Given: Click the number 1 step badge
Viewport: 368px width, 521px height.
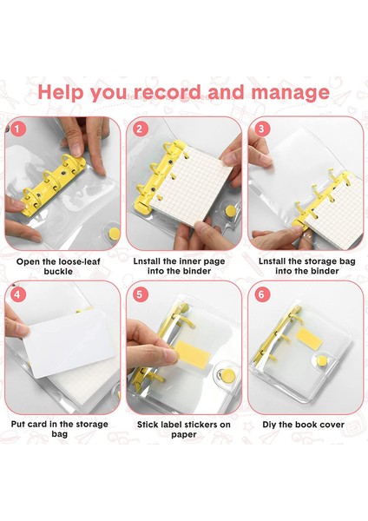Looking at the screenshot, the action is click(17, 129).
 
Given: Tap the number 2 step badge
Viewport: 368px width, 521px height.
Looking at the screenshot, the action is click(140, 129).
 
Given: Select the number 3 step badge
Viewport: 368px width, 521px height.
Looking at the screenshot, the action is click(261, 129).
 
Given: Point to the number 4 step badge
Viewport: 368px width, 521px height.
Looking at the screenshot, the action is click(17, 294).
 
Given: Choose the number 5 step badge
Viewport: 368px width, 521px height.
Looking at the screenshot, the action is click(140, 294).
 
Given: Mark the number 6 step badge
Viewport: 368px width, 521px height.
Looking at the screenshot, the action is click(261, 294).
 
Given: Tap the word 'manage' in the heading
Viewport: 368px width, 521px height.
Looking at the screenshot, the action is click(291, 93).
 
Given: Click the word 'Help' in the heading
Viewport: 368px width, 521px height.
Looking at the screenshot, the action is click(61, 92).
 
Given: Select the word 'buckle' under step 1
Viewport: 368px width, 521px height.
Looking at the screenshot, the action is click(58, 272).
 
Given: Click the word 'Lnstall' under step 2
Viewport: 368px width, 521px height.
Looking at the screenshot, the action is click(147, 261).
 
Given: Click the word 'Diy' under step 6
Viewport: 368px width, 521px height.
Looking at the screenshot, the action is click(268, 425).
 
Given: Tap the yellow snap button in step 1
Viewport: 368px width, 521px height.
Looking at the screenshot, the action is click(115, 234).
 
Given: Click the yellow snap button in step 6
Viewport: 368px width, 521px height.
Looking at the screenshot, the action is click(321, 361).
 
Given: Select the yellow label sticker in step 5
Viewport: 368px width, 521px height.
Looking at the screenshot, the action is click(192, 354).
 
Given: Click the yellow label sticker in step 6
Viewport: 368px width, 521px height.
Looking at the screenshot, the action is click(309, 339).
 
